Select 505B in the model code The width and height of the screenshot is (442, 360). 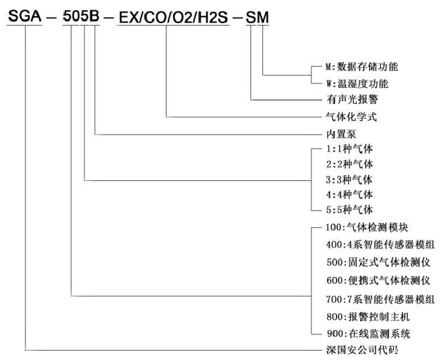tap(82, 18)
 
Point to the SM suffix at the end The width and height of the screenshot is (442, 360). tap(257, 18)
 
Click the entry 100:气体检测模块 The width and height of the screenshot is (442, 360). tap(365, 227)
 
